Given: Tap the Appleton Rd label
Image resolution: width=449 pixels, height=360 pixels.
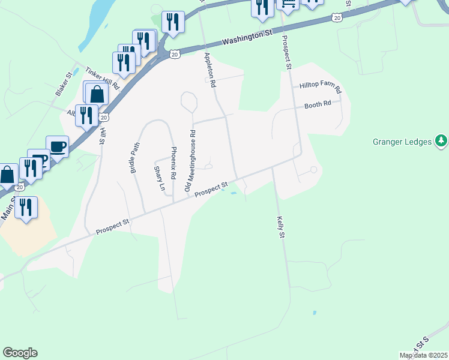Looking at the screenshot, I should point(209,71).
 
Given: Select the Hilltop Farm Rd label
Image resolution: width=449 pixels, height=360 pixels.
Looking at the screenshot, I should point(320,88).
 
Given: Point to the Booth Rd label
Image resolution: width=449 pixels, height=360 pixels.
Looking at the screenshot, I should point(318,104).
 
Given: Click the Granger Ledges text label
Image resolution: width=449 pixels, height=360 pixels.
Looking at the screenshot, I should point(402,142).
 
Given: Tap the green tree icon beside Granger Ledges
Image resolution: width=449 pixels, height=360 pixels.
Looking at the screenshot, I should point(442,141).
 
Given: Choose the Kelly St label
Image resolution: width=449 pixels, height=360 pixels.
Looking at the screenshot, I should point(280,227).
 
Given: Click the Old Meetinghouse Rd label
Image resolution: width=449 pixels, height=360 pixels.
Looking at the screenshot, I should point(191,162).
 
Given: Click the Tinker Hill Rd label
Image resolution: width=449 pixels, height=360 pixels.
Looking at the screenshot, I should point(103,79).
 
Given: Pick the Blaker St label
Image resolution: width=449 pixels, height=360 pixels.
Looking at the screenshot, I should point(63,84).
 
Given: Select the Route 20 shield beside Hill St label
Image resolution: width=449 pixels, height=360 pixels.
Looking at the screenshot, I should point(104,118).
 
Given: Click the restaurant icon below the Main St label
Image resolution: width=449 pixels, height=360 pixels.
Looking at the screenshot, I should point(26,207).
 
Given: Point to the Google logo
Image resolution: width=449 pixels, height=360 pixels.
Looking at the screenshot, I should point(20,353).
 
